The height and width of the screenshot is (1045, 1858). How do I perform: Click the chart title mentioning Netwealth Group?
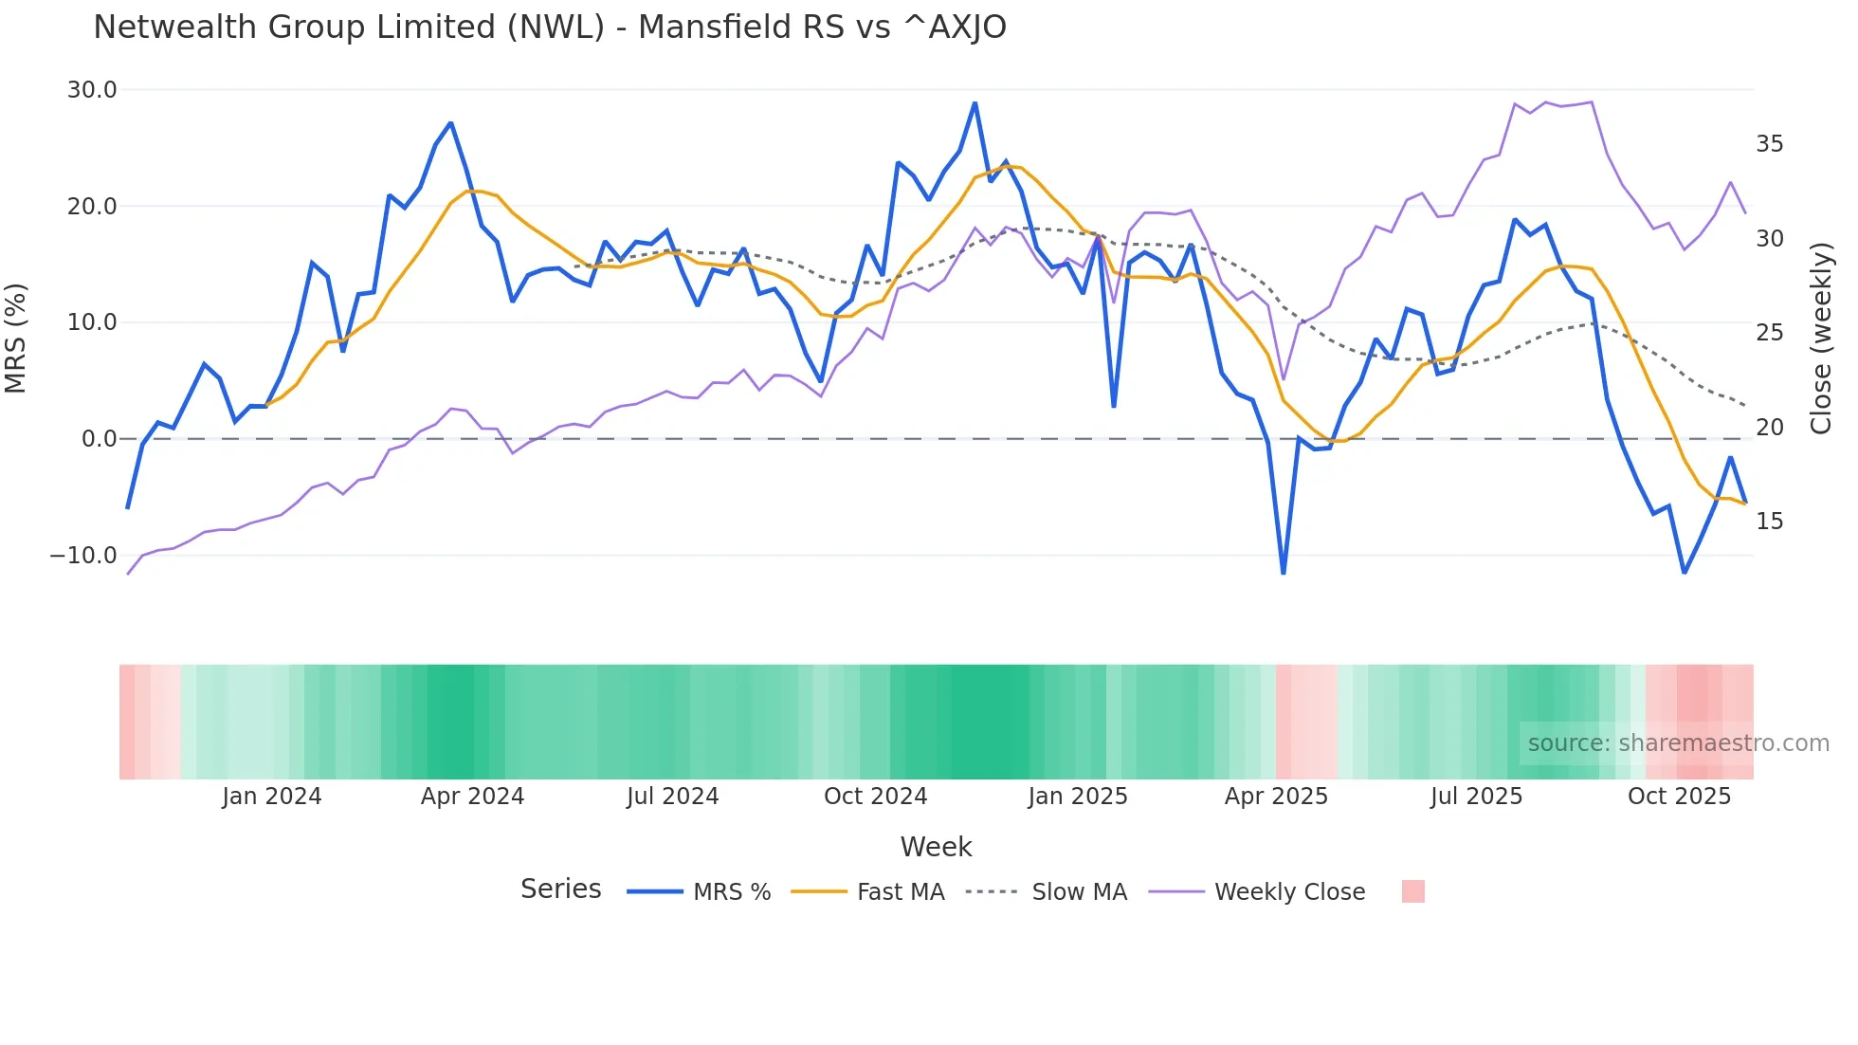(550, 27)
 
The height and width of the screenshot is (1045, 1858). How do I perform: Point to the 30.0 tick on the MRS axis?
(92, 90)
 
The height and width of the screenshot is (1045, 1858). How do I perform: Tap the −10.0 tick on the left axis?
(83, 556)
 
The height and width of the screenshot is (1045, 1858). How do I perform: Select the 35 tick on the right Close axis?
(1769, 144)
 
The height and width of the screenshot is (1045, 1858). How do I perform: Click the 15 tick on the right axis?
(1769, 522)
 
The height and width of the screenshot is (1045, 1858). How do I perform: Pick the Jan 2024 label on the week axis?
(272, 797)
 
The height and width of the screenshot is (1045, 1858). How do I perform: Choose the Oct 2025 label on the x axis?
(1679, 797)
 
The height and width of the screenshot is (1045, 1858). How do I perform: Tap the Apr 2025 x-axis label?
(1276, 797)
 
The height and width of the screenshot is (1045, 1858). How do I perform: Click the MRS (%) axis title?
(16, 338)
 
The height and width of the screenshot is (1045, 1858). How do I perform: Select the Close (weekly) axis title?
(1820, 338)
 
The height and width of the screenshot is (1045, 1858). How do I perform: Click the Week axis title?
(936, 847)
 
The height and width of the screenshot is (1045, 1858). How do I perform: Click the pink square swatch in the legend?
(1412, 891)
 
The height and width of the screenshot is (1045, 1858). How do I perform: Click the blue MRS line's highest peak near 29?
(975, 103)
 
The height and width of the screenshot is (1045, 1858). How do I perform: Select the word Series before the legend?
(560, 889)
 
